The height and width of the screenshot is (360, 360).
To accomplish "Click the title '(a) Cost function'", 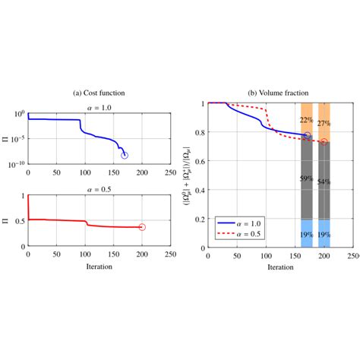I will tap(99, 93).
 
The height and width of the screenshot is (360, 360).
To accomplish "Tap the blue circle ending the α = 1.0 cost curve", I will tap(125, 155).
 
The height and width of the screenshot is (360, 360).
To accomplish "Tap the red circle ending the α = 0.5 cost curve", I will tap(142, 227).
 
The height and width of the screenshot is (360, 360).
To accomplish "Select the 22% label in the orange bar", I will tap(307, 120).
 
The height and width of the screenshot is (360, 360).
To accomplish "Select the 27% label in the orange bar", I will tap(324, 123).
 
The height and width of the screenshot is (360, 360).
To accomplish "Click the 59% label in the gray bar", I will tap(307, 179).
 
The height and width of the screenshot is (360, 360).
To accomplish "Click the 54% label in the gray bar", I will tap(324, 182).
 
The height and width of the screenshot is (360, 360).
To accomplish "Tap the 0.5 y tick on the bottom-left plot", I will tap(19, 220).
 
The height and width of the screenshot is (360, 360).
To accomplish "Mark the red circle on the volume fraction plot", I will tap(324, 142).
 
